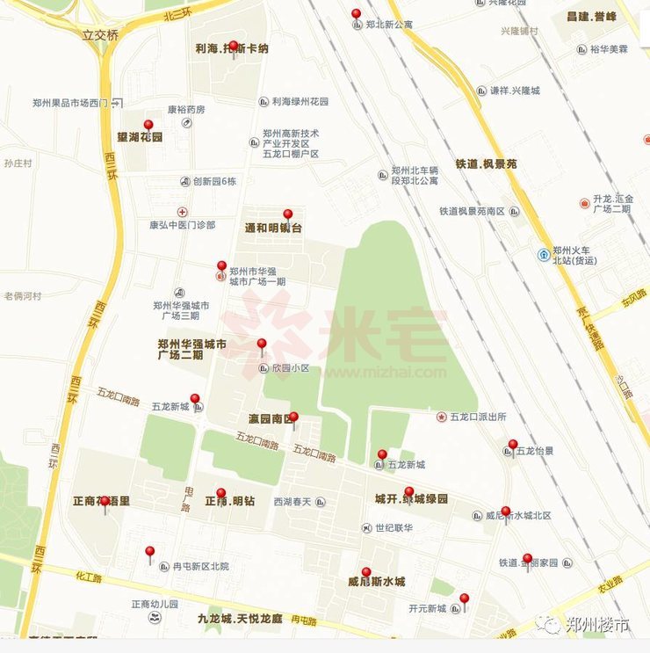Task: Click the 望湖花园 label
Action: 140,138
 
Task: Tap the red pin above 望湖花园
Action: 148,127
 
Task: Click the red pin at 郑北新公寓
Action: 356,15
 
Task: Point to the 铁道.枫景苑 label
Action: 486,164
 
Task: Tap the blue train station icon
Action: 545,255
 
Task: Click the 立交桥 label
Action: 99,36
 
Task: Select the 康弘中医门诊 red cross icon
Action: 183,212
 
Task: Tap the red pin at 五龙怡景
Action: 513,446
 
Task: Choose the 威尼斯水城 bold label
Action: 376,582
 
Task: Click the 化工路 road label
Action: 89,578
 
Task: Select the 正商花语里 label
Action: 101,501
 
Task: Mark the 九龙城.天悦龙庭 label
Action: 240,619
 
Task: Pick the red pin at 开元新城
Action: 464,600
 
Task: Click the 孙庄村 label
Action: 18,163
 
